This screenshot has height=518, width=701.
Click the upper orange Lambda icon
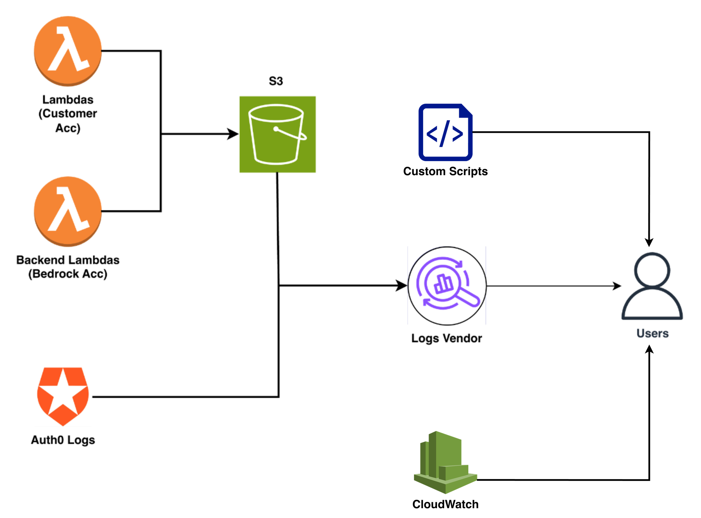click(x=68, y=51)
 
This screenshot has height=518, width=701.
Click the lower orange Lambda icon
click(x=68, y=212)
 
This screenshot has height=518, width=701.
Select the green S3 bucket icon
click(x=278, y=134)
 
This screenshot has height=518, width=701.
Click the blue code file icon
click(x=445, y=133)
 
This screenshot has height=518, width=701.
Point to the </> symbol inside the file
click(x=445, y=133)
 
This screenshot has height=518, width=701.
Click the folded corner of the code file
click(x=467, y=110)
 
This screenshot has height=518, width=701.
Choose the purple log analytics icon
click(x=447, y=285)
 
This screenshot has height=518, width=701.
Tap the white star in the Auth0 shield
click(x=63, y=394)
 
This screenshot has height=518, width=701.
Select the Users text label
click(x=652, y=333)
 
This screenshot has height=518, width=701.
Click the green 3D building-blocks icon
click(x=445, y=462)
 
